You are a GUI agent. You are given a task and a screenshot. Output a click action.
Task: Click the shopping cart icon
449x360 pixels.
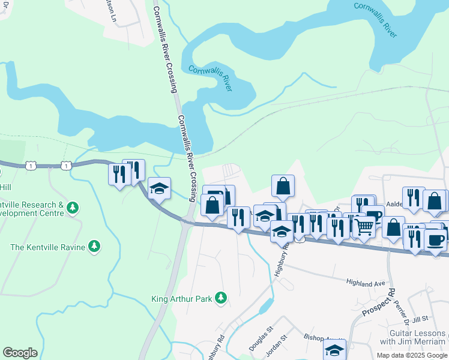click(x=364, y=226)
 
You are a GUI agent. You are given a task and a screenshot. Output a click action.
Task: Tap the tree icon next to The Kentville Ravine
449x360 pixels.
click(x=94, y=246)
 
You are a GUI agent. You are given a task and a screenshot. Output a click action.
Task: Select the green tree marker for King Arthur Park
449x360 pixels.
click(x=221, y=297)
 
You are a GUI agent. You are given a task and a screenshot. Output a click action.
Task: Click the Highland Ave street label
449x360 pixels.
click(x=366, y=282)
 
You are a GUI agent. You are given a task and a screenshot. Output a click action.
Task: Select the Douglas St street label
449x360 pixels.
click(x=261, y=338)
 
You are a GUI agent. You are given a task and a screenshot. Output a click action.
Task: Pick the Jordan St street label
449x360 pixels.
click(x=278, y=346)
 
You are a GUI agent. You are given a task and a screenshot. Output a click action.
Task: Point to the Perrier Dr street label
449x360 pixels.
click(x=400, y=313)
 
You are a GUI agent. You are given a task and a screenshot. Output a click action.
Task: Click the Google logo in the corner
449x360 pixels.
click(x=20, y=352)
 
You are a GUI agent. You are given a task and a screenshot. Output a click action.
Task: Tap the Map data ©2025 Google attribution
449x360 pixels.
click(x=412, y=355)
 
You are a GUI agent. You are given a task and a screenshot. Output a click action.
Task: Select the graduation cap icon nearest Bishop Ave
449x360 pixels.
click(x=335, y=349)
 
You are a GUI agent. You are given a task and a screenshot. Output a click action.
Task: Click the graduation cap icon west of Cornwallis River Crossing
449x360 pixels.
click(x=159, y=188)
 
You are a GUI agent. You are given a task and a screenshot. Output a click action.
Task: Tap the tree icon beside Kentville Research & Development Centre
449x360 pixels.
click(x=73, y=208)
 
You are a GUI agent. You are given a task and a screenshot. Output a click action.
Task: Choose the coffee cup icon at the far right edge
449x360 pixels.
click(x=435, y=239)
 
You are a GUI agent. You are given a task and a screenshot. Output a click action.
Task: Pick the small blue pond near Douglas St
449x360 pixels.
click(x=265, y=308)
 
